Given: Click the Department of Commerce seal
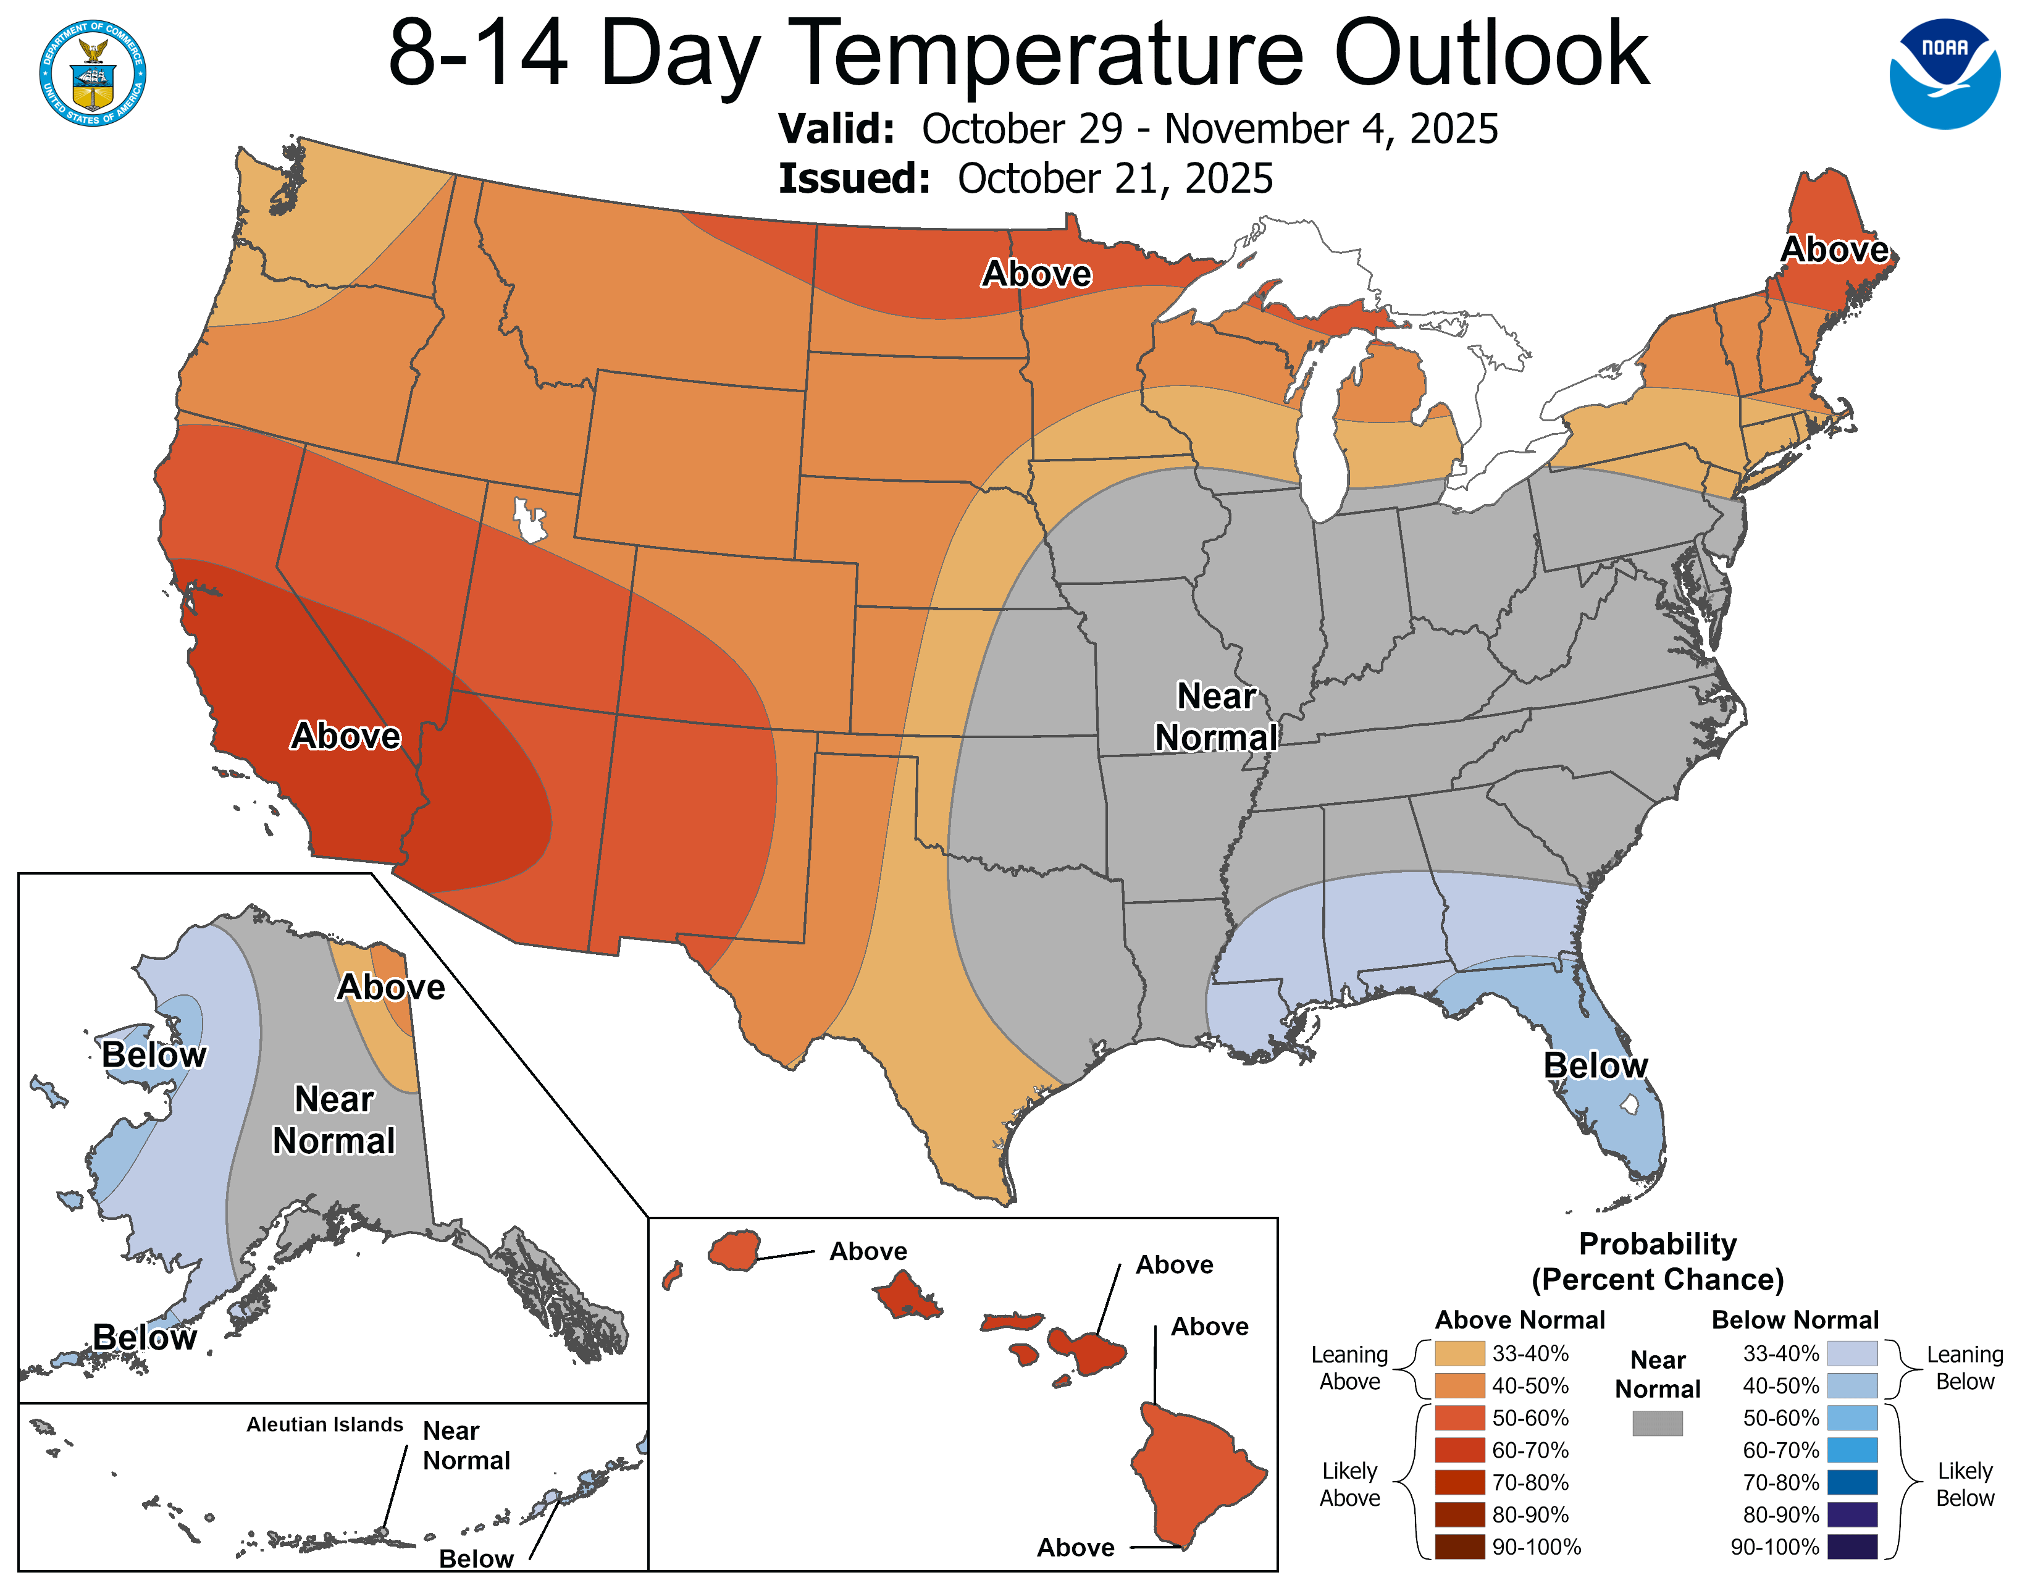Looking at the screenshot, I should [x=93, y=73].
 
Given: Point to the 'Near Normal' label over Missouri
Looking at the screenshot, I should [x=1216, y=716].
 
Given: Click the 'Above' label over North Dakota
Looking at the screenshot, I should [x=1036, y=274].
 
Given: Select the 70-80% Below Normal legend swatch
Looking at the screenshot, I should [x=1851, y=1482].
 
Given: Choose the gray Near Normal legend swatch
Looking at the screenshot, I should [x=1658, y=1423].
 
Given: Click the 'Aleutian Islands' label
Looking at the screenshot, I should [x=325, y=1424].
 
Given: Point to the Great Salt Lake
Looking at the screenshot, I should [x=529, y=519].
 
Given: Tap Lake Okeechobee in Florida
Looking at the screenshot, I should [x=1629, y=1105].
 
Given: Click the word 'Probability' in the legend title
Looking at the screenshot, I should [x=1658, y=1244].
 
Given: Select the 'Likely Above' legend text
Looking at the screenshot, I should [x=1349, y=1484].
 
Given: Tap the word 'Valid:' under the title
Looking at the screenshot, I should [x=836, y=128].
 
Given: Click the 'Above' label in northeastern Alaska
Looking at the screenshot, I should [x=390, y=986].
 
